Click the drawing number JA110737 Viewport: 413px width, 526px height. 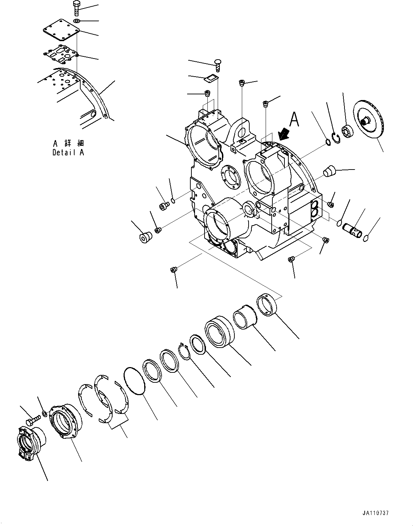[x=376, y=513]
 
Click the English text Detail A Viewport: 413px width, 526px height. [x=68, y=153]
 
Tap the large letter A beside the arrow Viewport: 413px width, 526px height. [x=294, y=120]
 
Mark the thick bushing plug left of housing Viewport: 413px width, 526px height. [x=145, y=237]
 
